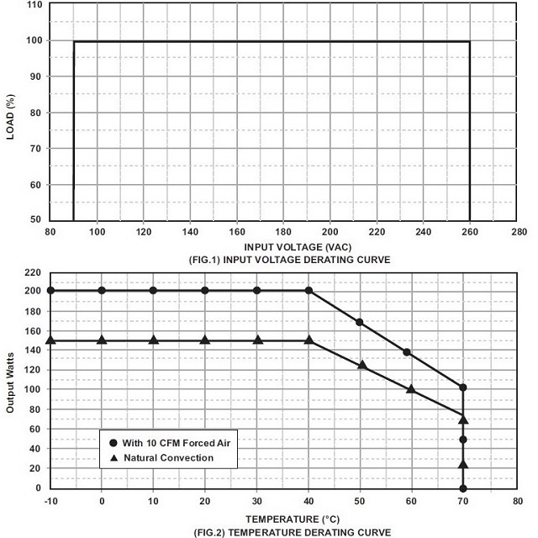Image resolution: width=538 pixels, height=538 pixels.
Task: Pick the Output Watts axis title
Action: pos(11,381)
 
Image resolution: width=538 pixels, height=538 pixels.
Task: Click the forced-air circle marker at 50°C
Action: pos(360,322)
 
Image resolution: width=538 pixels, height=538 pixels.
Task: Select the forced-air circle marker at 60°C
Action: pos(407,352)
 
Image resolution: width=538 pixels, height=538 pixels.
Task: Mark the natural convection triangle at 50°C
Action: pos(362,365)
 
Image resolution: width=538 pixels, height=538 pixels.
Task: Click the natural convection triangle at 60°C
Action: pos(411,388)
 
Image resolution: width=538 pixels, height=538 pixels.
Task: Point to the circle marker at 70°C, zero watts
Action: pos(463,488)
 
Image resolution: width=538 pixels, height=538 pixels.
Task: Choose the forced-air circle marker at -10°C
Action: pos(50,290)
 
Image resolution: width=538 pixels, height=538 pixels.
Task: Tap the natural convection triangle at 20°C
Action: pos(205,340)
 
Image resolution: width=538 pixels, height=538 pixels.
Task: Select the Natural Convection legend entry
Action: pos(163,458)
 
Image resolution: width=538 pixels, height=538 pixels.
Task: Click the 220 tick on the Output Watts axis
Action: pos(32,272)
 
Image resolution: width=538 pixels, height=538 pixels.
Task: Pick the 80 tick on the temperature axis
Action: pos(515,500)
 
